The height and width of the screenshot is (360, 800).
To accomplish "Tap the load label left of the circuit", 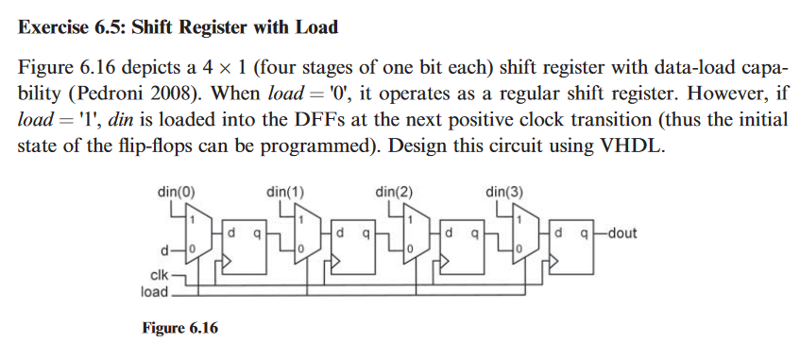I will point(155,291).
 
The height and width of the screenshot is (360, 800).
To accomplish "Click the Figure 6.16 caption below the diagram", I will point(179,328).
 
